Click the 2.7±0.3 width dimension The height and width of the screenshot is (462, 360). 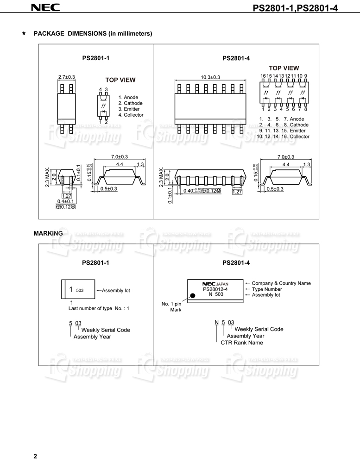tap(66, 77)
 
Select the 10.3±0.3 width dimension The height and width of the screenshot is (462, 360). tap(210, 77)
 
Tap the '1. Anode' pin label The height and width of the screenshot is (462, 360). tap(128, 97)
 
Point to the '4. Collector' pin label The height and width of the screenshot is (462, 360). tap(131, 115)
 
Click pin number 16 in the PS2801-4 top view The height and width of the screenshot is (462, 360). tap(263, 75)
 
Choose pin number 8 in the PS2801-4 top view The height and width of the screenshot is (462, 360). tap(305, 109)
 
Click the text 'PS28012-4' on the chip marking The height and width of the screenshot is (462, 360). tap(215, 289)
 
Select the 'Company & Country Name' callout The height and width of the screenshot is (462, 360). tap(281, 283)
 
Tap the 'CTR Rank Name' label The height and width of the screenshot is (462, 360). tap(245, 343)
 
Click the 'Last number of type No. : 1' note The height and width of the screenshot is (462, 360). tap(99, 308)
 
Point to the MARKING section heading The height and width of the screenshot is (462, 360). tap(48, 233)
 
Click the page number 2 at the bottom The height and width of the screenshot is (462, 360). tap(35, 456)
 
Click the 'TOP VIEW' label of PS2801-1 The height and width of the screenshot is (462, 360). tap(120, 80)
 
